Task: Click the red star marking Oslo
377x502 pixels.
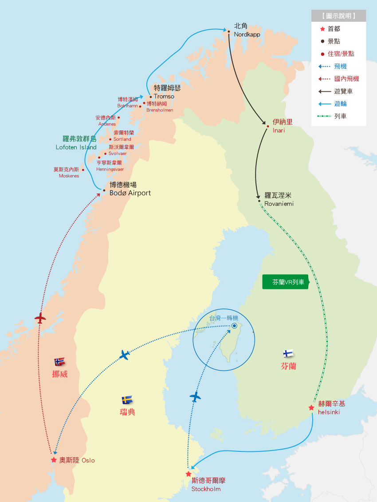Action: pos(54,460)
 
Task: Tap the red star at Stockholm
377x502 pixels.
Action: pos(188,474)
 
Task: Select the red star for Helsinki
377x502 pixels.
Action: pos(311,407)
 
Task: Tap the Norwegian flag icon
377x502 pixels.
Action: pos(59,361)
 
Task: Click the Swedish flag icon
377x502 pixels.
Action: pos(127,399)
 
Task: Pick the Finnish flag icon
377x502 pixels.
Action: pos(288,354)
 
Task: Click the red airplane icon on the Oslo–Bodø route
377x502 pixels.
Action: pos(40,318)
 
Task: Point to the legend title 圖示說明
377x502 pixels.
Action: pos(338,16)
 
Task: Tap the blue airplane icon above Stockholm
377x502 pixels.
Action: pos(195,396)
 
